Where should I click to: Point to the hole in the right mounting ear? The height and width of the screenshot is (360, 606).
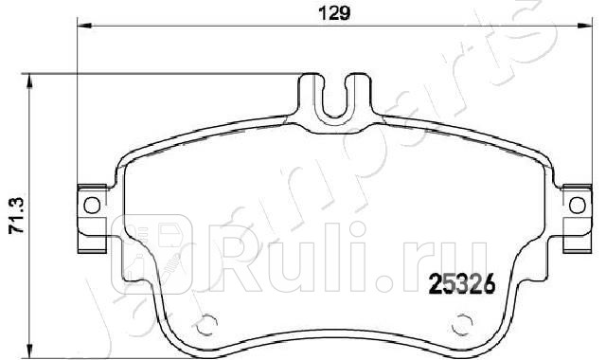[x=577, y=206]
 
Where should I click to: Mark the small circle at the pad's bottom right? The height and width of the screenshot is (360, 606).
[x=461, y=324]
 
